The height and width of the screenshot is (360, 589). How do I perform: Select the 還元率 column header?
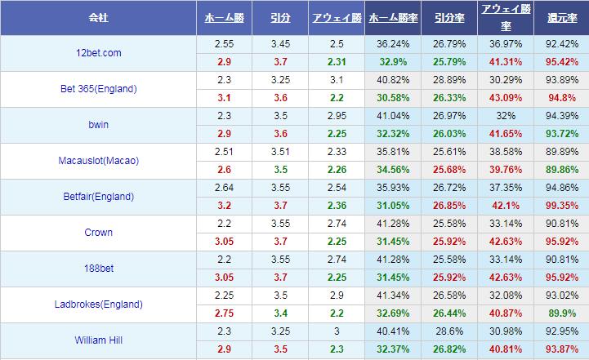pos(562,17)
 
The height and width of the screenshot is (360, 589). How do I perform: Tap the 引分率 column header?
pos(449,17)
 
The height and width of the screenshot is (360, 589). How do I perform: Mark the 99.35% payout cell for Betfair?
pos(562,206)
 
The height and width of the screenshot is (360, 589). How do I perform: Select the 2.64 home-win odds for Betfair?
pos(224,188)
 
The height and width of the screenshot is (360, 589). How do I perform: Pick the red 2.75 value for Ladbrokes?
pos(224,313)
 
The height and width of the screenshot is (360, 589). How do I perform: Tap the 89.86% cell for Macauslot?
pos(562,170)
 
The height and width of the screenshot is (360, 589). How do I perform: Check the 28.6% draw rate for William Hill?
pos(449,331)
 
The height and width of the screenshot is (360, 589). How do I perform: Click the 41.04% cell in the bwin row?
pos(393,116)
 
